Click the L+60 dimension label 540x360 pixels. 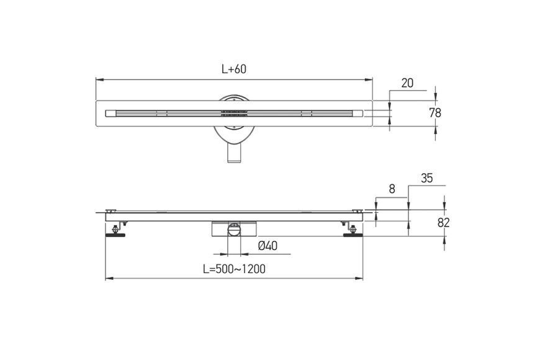pos(234,69)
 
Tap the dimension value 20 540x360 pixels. pos(407,83)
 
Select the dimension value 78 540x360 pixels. pos(435,112)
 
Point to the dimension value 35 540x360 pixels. pos(426,178)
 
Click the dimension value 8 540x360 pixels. pos(392,189)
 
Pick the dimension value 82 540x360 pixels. pos(444,223)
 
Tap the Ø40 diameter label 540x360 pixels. pos(268,246)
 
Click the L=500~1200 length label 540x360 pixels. pos(234,269)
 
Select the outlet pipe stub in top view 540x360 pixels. pos(234,153)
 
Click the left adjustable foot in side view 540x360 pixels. pos(115,231)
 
